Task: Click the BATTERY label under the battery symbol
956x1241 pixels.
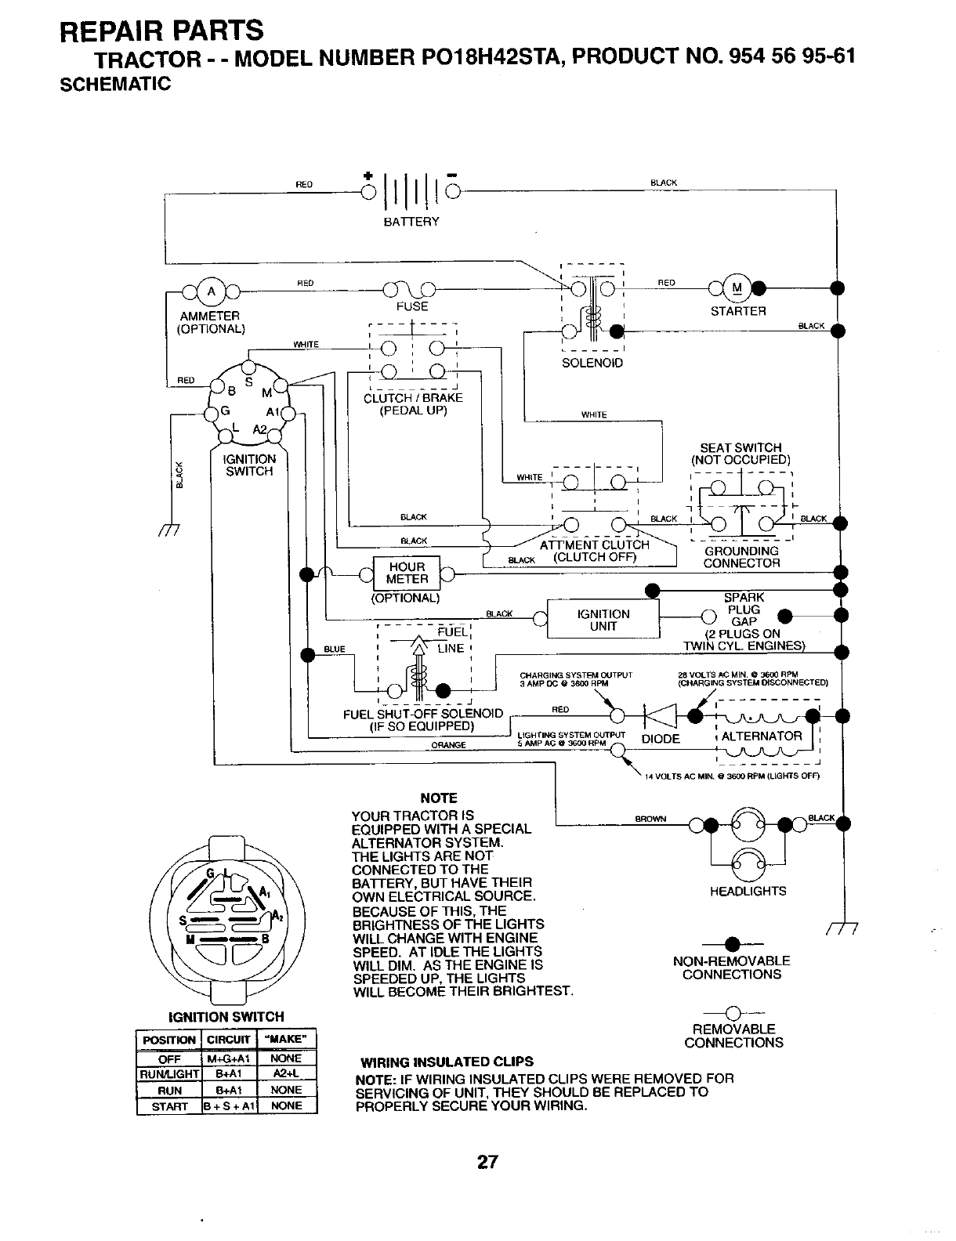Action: [x=411, y=222]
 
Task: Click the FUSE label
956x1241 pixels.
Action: [x=412, y=306]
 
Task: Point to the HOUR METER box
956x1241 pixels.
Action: [x=407, y=573]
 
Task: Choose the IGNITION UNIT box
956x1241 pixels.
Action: [x=603, y=620]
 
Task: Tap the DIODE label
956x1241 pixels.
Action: [x=661, y=740]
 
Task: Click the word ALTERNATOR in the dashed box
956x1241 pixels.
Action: [x=762, y=736]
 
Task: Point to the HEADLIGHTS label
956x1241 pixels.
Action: [x=748, y=891]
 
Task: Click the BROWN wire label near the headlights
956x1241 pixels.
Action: [x=650, y=819]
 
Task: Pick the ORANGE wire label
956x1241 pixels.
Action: [x=449, y=745]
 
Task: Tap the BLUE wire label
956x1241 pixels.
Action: [x=335, y=649]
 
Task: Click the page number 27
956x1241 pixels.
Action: [x=487, y=1162]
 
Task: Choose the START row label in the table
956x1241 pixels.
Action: [x=169, y=1106]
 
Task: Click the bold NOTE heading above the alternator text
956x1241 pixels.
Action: [x=439, y=798]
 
